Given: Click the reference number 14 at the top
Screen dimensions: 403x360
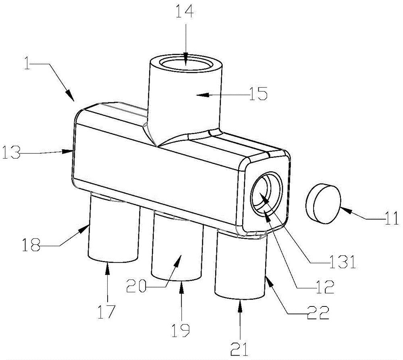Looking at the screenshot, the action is click(184, 12).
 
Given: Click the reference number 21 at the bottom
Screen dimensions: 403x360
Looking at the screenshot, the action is click(241, 346).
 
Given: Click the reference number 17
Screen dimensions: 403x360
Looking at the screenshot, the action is click(107, 311).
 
